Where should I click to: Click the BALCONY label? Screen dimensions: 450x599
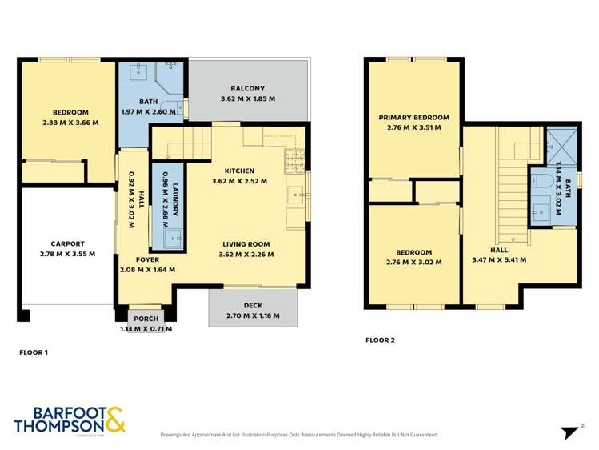(247, 89)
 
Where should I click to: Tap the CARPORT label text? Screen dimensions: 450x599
(67, 244)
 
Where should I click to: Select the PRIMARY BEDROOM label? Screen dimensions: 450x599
(413, 117)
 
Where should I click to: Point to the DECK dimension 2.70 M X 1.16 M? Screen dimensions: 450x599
(253, 315)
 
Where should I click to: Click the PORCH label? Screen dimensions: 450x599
(146, 319)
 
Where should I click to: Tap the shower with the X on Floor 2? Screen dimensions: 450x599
(560, 145)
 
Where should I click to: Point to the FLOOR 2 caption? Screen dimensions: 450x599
(380, 340)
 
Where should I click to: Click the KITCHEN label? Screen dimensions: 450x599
(239, 171)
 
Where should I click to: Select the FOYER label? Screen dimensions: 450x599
(147, 259)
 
